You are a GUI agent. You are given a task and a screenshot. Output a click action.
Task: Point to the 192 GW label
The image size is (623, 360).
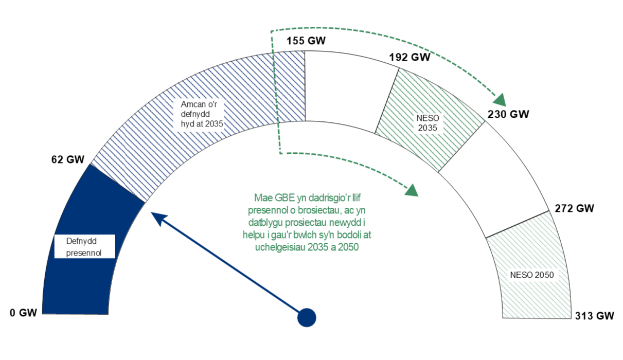point(410,57)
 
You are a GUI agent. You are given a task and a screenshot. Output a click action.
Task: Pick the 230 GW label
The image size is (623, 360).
point(508,114)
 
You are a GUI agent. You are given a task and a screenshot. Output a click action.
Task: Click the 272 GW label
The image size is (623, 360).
point(575,208)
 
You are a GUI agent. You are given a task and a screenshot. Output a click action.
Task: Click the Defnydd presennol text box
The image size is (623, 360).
point(84,246)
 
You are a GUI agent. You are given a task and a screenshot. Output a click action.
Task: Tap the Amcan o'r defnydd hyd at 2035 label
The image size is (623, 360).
point(201,114)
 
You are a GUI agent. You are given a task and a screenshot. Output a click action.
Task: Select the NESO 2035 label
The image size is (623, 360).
point(427,122)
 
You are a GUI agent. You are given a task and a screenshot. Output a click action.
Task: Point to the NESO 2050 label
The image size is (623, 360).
point(532,275)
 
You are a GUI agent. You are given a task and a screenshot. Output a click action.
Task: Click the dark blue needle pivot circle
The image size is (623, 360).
point(307,317)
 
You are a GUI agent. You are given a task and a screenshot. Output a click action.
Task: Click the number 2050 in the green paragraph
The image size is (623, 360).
point(348,247)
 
